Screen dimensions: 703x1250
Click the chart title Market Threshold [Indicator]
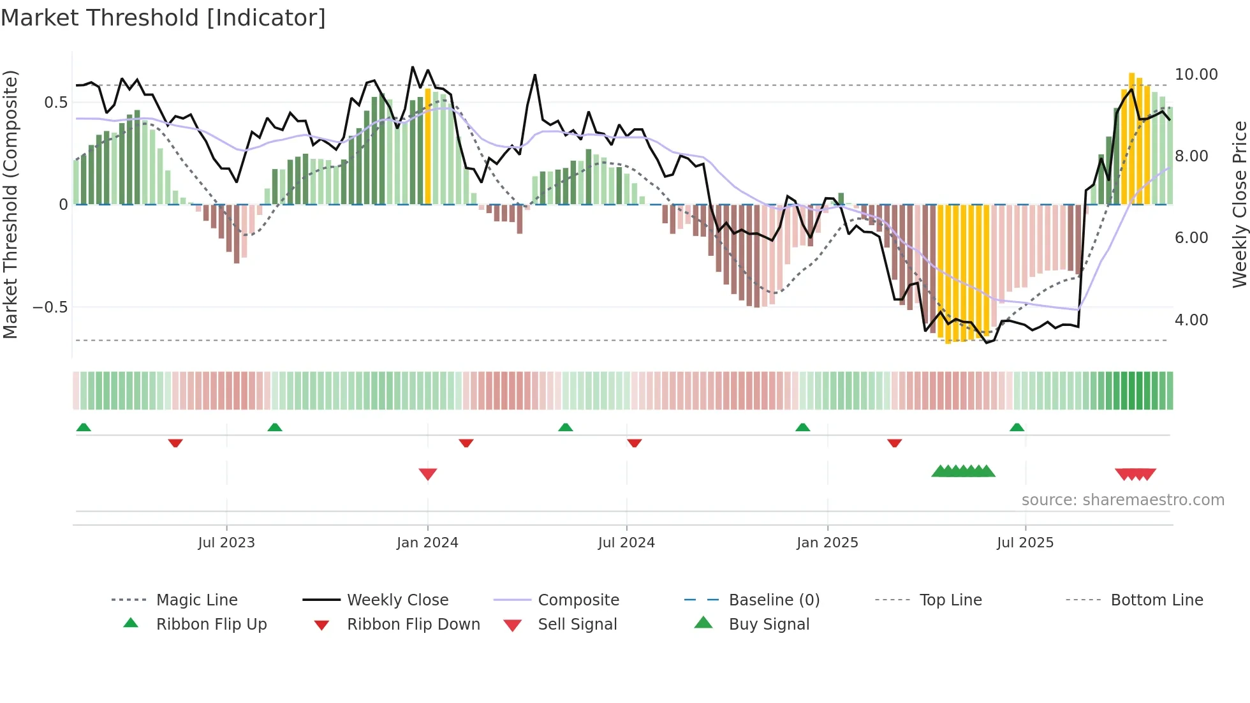pos(163,18)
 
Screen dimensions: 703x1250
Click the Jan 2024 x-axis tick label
pos(427,543)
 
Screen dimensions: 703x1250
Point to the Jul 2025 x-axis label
pos(1025,543)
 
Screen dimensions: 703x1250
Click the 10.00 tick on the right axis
pos(1196,75)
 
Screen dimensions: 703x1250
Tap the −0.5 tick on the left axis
pos(50,307)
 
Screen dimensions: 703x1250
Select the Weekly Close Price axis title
pos(1239,204)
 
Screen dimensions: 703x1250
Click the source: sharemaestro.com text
pos(1122,500)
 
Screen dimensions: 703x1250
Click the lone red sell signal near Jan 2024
pos(428,474)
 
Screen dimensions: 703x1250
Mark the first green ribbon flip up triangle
pos(84,427)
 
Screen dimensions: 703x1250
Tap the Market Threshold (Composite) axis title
pos(10,204)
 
